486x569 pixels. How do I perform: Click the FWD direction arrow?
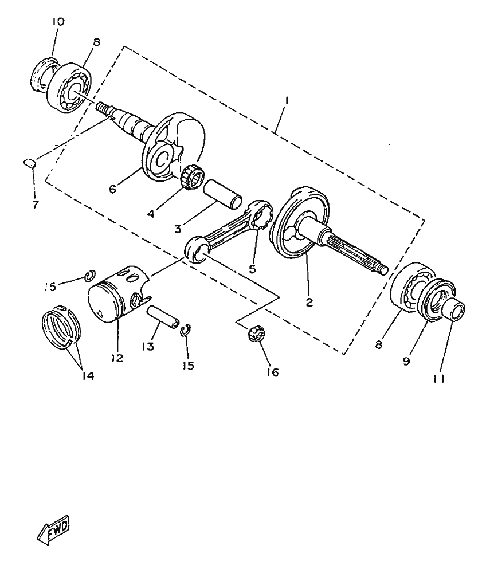53,530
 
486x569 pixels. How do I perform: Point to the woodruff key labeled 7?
29,164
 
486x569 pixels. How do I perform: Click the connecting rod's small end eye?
198,248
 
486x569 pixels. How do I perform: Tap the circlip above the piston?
89,276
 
